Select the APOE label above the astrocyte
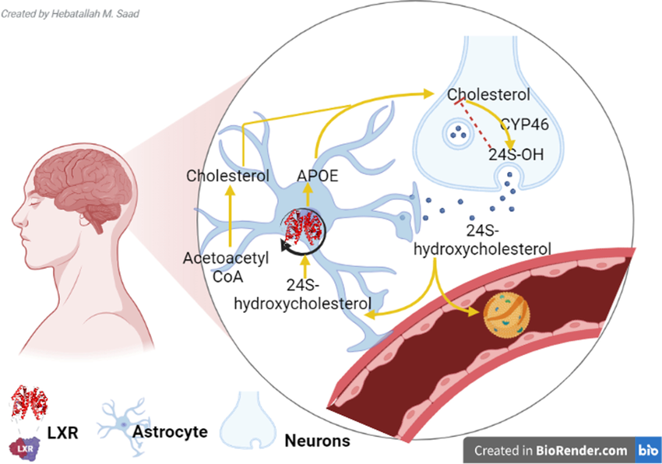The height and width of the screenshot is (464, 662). pyautogui.click(x=317, y=176)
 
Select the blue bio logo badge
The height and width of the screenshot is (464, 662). pyautogui.click(x=648, y=449)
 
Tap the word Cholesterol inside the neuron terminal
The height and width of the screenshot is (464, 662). pyautogui.click(x=488, y=95)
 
